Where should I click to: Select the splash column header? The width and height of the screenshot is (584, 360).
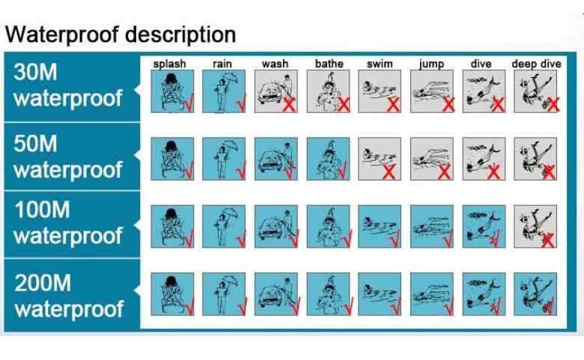tap(169, 64)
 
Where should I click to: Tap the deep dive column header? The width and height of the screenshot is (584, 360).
tap(536, 64)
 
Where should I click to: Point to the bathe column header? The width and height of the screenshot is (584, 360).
tap(329, 64)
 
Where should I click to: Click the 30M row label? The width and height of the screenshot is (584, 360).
tap(68, 85)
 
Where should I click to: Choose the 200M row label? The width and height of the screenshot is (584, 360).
tap(69, 296)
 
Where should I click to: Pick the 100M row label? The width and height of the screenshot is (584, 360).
tap(68, 222)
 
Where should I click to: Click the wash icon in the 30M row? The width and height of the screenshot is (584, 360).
tap(276, 91)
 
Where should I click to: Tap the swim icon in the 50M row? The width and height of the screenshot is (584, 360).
tap(380, 159)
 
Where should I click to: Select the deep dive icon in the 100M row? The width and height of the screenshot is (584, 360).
tap(535, 226)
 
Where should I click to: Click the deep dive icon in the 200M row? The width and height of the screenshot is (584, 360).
tap(535, 294)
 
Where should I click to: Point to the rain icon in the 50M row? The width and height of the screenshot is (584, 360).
tap(224, 159)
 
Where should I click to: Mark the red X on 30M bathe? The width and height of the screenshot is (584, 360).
tap(344, 105)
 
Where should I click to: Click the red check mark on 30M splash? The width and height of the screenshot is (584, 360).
tap(189, 103)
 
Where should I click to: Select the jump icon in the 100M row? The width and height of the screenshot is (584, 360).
tap(432, 226)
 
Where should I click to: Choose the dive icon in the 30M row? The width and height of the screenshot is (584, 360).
tap(484, 91)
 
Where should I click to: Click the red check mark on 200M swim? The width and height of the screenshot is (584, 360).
tap(395, 306)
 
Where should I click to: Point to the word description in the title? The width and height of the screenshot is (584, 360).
tap(180, 34)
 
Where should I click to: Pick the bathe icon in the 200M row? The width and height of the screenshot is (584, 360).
tap(328, 294)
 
